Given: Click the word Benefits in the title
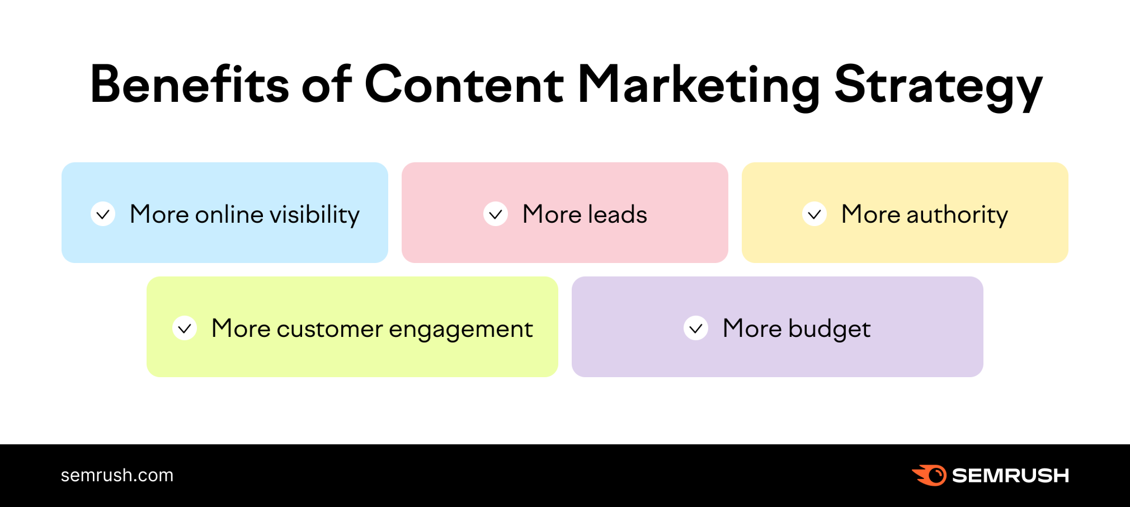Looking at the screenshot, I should tap(189, 84).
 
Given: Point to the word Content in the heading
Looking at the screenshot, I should tap(464, 84).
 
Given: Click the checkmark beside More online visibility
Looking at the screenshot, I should tap(103, 214).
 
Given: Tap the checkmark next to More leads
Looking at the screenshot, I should tap(496, 214).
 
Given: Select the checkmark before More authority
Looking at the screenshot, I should tap(814, 214).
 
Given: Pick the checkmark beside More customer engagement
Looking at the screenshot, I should tap(185, 328).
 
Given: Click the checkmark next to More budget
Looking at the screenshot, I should tap(696, 328).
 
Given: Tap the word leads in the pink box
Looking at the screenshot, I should tap(618, 214).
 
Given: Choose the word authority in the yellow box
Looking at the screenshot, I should tap(957, 214).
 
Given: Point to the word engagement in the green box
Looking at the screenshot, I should tap(460, 329).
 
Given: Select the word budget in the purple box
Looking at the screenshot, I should tap(829, 329).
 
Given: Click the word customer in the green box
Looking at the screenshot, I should tap(329, 329).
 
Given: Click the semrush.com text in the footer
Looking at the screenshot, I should tap(117, 475).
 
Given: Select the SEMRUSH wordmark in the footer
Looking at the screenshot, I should tap(1010, 475).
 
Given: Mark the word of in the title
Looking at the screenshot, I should tap(327, 84).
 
